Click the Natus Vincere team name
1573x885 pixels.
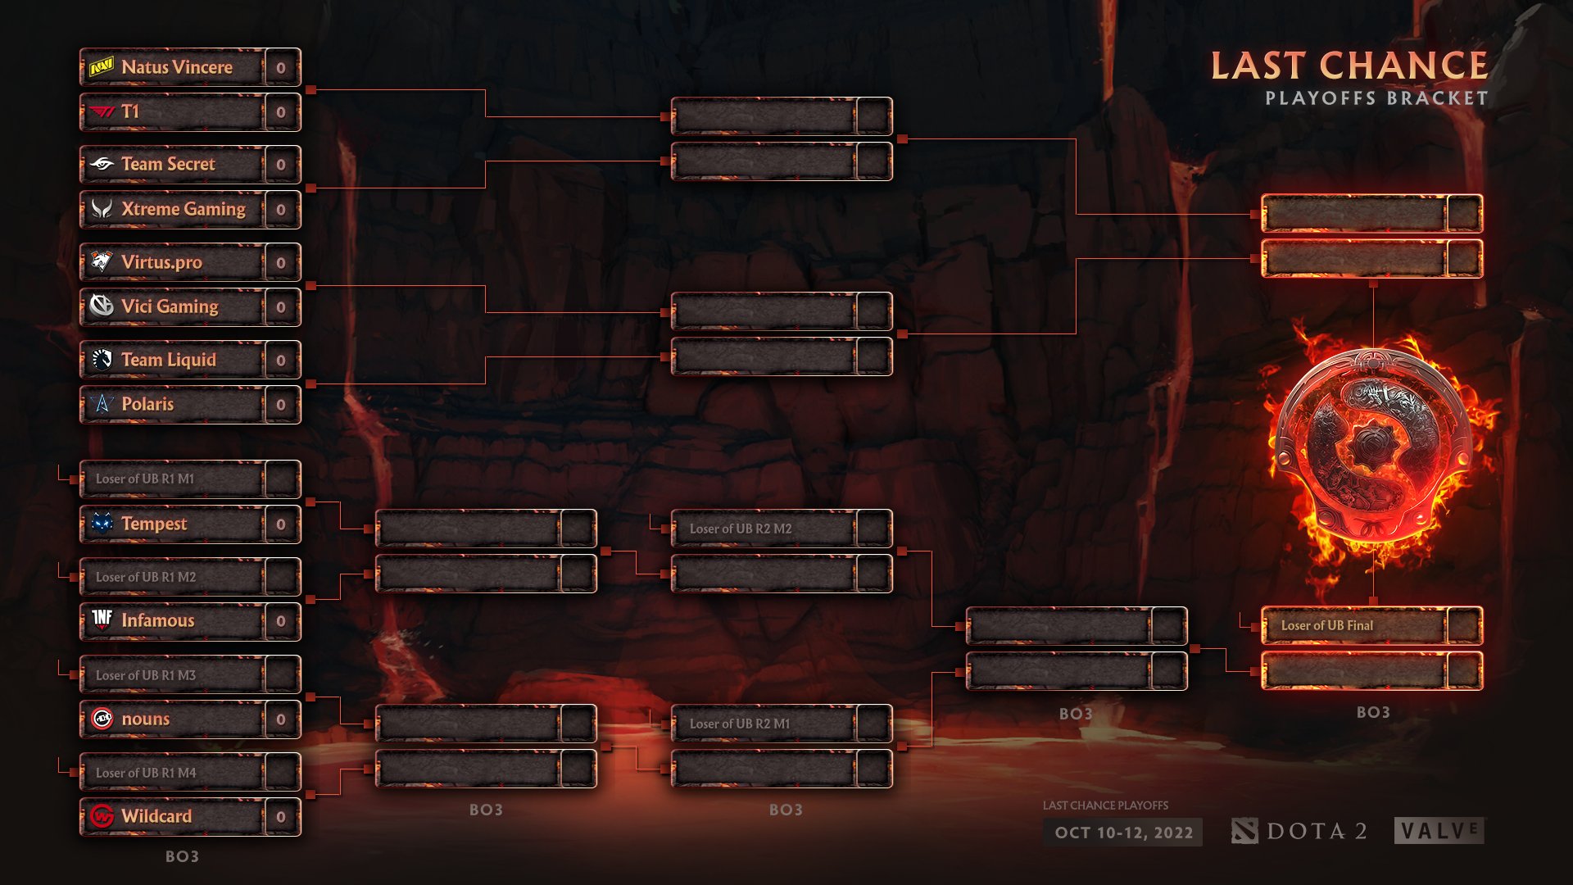[176, 67]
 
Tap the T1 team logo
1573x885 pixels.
[102, 111]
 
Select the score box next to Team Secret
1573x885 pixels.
[281, 165]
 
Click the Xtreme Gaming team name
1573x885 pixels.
[183, 209]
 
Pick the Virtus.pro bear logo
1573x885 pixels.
[102, 262]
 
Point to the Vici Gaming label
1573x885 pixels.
[170, 306]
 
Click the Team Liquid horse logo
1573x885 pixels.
[102, 360]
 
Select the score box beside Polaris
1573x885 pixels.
[281, 405]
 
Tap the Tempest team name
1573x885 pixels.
[154, 524]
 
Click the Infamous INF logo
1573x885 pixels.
[102, 619]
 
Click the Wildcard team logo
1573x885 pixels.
[102, 816]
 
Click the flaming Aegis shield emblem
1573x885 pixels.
[1374, 447]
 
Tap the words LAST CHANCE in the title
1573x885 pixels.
[1349, 66]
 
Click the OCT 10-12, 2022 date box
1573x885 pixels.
[1123, 833]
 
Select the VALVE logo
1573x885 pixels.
[1439, 831]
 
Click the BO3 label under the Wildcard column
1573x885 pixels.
[182, 856]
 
